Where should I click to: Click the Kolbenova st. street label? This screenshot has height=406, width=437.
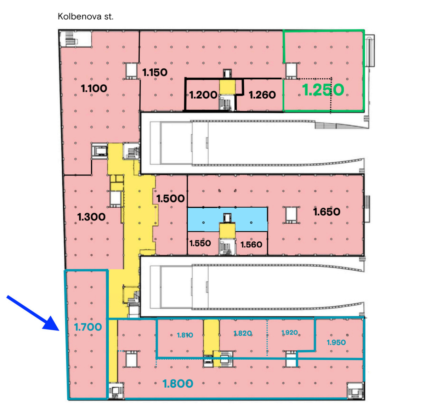[85, 17]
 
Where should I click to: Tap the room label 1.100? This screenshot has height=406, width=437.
[94, 89]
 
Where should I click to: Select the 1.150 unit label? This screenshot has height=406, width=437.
[155, 72]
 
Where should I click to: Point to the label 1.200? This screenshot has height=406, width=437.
[203, 95]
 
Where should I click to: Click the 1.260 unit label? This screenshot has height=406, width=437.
[262, 95]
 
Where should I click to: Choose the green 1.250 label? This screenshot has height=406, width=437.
[323, 90]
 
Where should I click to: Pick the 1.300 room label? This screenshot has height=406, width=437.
[91, 217]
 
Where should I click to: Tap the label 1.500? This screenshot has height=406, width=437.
[170, 199]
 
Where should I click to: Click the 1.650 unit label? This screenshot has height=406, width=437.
[327, 212]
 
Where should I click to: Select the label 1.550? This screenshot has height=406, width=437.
[200, 243]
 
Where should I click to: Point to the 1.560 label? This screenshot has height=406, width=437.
[251, 244]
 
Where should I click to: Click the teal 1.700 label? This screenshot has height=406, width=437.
[88, 327]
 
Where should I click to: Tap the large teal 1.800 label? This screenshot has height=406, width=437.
[178, 384]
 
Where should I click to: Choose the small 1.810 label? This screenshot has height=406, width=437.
[185, 335]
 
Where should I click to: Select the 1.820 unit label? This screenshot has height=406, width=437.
[243, 333]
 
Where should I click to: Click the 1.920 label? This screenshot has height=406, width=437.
[289, 332]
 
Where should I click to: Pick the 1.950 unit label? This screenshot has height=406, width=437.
[336, 342]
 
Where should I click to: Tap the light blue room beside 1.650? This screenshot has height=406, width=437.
[227, 219]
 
